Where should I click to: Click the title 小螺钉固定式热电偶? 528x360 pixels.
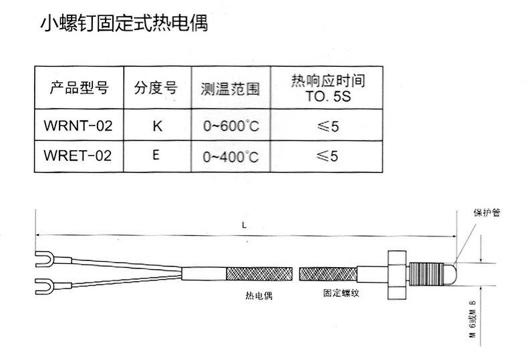coord(124,23)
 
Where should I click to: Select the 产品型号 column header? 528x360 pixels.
coord(79,87)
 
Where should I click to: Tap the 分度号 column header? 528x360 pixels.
coord(156,87)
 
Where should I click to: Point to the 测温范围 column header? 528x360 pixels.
coord(231,89)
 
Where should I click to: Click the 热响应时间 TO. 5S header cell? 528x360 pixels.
coord(328,88)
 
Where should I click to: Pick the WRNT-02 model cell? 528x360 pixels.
coord(78,126)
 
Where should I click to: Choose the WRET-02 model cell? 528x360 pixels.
coord(78,156)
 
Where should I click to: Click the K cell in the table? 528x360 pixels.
coord(157,126)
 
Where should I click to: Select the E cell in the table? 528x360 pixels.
coord(156,155)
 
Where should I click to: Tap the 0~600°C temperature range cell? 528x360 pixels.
coord(231,126)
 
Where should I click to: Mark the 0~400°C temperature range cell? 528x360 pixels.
coord(231,157)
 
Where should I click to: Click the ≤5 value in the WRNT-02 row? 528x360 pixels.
coord(327,126)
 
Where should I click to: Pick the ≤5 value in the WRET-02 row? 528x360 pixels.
coord(327,156)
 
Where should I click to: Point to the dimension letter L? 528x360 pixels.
coord(244,225)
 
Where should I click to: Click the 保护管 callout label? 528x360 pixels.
coord(487,212)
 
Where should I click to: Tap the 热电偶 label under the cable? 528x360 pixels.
coord(259,295)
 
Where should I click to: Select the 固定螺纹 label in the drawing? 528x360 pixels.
coord(341,293)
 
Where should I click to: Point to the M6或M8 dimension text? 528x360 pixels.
coord(473,319)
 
